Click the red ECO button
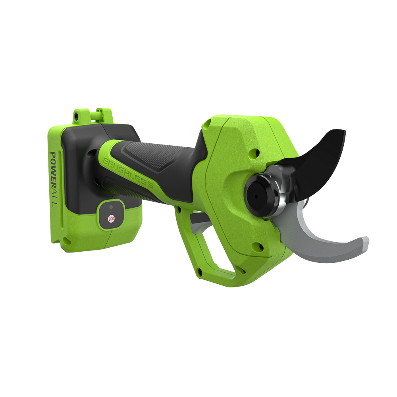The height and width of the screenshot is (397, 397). (x=112, y=219)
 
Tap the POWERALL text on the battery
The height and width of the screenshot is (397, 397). (x=53, y=179)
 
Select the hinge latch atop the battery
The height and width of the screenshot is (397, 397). (x=92, y=115)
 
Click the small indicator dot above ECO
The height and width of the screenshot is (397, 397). (x=111, y=207)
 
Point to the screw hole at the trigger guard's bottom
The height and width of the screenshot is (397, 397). (x=200, y=271)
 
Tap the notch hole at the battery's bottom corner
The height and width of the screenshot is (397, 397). (x=66, y=240)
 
